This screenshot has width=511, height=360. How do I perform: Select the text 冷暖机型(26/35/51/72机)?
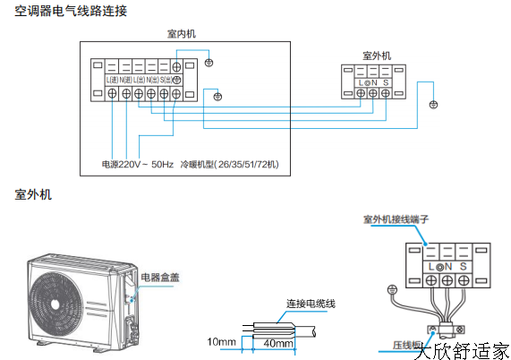point(230,165)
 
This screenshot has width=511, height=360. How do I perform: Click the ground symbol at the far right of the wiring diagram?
point(433,105)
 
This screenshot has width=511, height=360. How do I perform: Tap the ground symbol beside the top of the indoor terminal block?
point(209,63)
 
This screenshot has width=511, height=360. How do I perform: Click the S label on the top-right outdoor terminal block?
point(384,83)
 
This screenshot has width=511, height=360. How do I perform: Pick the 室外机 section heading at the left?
point(33,193)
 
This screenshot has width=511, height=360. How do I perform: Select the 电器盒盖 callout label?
point(160,279)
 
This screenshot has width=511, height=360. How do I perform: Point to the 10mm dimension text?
point(220,342)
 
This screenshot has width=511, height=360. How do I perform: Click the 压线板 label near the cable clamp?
point(405,344)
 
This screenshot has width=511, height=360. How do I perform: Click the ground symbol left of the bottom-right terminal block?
point(390,289)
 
